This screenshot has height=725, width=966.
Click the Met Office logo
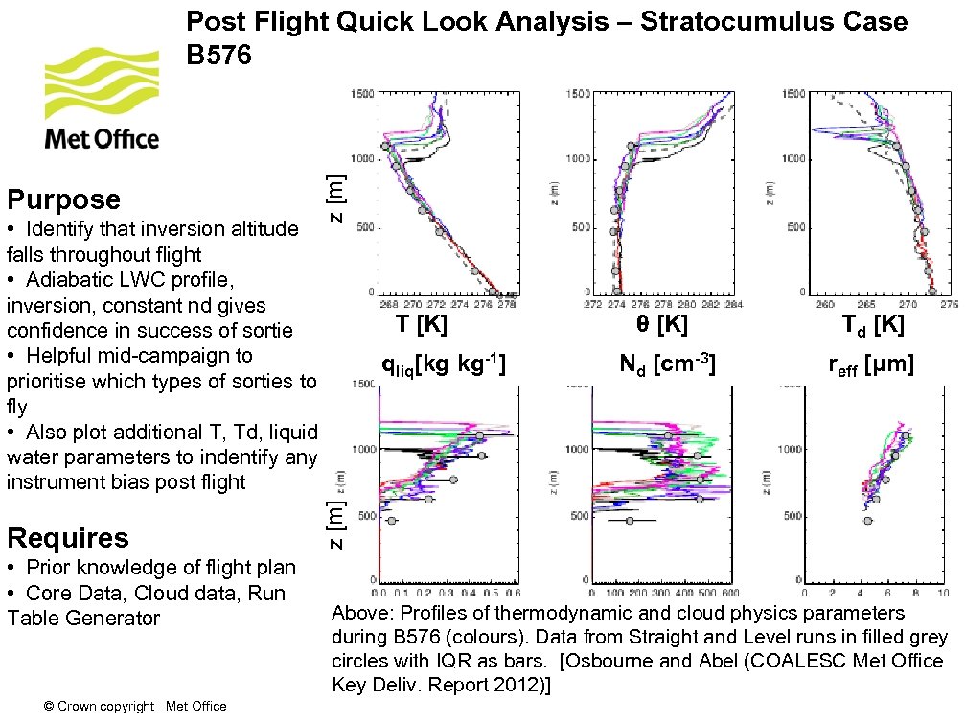102,101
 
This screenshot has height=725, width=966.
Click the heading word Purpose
63,199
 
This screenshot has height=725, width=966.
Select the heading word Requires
67,537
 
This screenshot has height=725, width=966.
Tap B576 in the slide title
218,56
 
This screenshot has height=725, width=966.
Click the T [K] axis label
422,324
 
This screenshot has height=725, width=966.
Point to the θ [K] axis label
661,324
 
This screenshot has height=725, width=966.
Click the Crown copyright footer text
135,707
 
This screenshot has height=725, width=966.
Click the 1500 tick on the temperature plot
362,93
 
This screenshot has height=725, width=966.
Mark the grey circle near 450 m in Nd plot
629,521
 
